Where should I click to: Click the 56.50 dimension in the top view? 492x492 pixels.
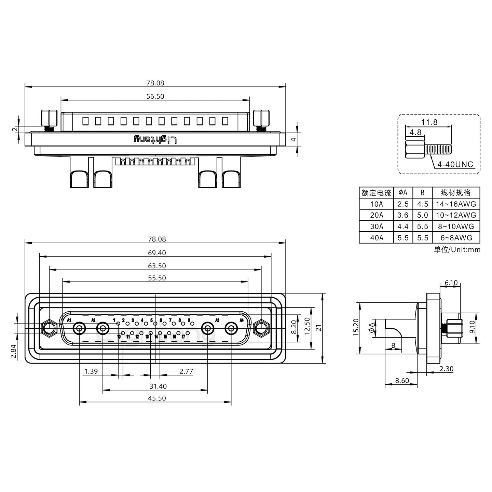[x=155, y=96]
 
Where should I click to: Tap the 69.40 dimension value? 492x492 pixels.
[x=157, y=253]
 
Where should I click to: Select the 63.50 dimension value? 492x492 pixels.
[x=157, y=266]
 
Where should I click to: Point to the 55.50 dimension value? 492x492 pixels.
[x=157, y=278]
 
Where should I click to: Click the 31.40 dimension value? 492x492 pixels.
[x=158, y=386]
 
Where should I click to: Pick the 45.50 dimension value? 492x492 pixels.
[x=157, y=398]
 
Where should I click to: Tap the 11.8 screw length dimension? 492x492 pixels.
[x=429, y=122]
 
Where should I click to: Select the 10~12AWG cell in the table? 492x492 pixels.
[x=456, y=215]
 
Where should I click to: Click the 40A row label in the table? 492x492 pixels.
[x=377, y=238]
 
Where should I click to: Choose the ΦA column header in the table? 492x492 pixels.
[x=403, y=193]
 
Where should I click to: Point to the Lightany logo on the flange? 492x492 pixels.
[x=155, y=139]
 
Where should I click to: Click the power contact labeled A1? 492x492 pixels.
[x=79, y=329]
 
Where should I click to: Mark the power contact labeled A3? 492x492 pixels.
[x=207, y=329]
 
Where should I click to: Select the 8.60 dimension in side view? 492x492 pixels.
[x=402, y=381]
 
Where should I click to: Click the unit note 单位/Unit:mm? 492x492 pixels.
[x=457, y=250]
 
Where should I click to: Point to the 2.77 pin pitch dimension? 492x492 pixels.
[x=186, y=371]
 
